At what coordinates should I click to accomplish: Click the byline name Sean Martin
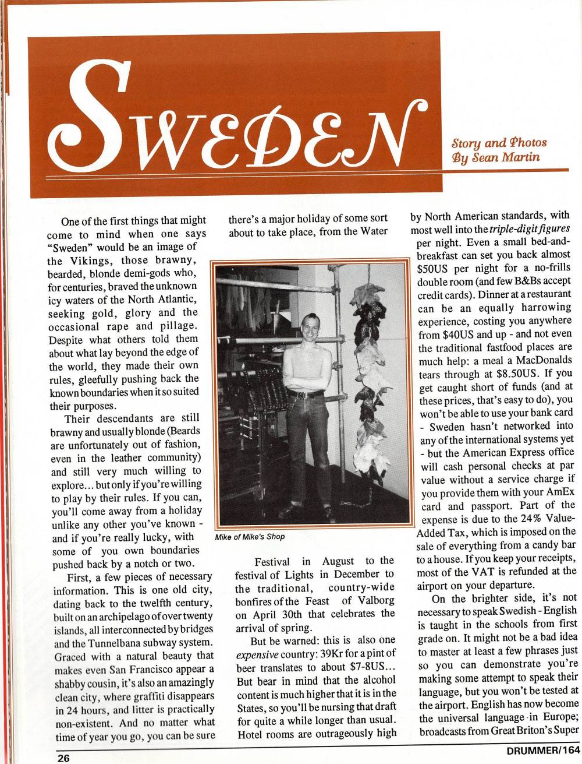point(513,157)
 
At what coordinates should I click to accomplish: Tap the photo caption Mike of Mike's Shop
point(250,537)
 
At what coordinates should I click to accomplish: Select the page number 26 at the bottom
point(63,758)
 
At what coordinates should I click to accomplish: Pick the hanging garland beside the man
point(367,373)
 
